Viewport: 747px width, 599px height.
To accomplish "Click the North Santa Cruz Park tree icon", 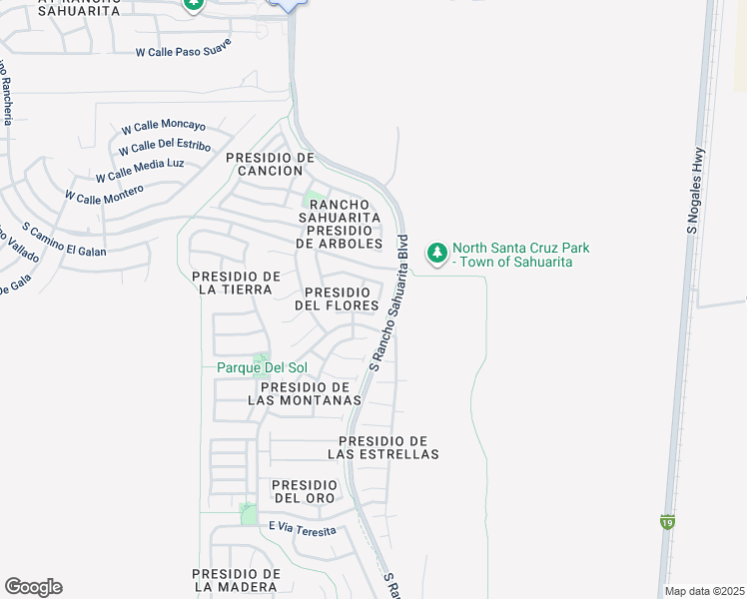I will [436, 254].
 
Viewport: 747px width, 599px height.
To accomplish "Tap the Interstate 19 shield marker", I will [666, 521].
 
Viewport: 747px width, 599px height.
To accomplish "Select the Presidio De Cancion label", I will [270, 164].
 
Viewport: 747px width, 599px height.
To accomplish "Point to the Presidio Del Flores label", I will [338, 299].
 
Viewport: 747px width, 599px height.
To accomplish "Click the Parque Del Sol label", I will [262, 367].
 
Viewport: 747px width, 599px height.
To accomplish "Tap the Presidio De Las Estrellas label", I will [383, 447].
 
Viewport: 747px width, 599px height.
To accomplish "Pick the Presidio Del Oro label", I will [306, 491].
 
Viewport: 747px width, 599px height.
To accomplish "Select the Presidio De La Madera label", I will [237, 580].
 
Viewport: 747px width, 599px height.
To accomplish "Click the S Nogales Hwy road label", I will [695, 192].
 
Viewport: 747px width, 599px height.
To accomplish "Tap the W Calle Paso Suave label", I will [185, 52].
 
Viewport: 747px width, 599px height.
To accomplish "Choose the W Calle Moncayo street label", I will [163, 127].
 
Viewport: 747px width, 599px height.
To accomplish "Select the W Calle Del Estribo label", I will [164, 149].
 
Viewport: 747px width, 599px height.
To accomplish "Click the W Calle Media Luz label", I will [140, 170].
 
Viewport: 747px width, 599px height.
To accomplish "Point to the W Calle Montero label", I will [104, 191].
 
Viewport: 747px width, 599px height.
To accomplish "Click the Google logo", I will [33, 587].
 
